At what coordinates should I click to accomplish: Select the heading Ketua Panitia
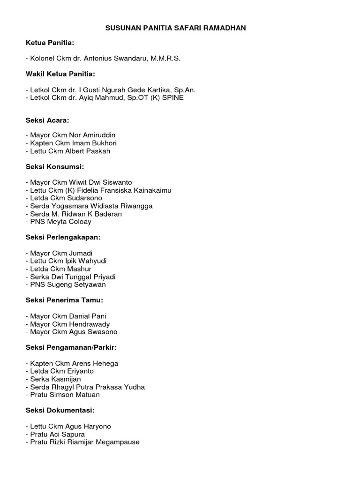pos(50,43)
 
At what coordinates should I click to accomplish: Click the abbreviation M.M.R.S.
pos(164,59)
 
